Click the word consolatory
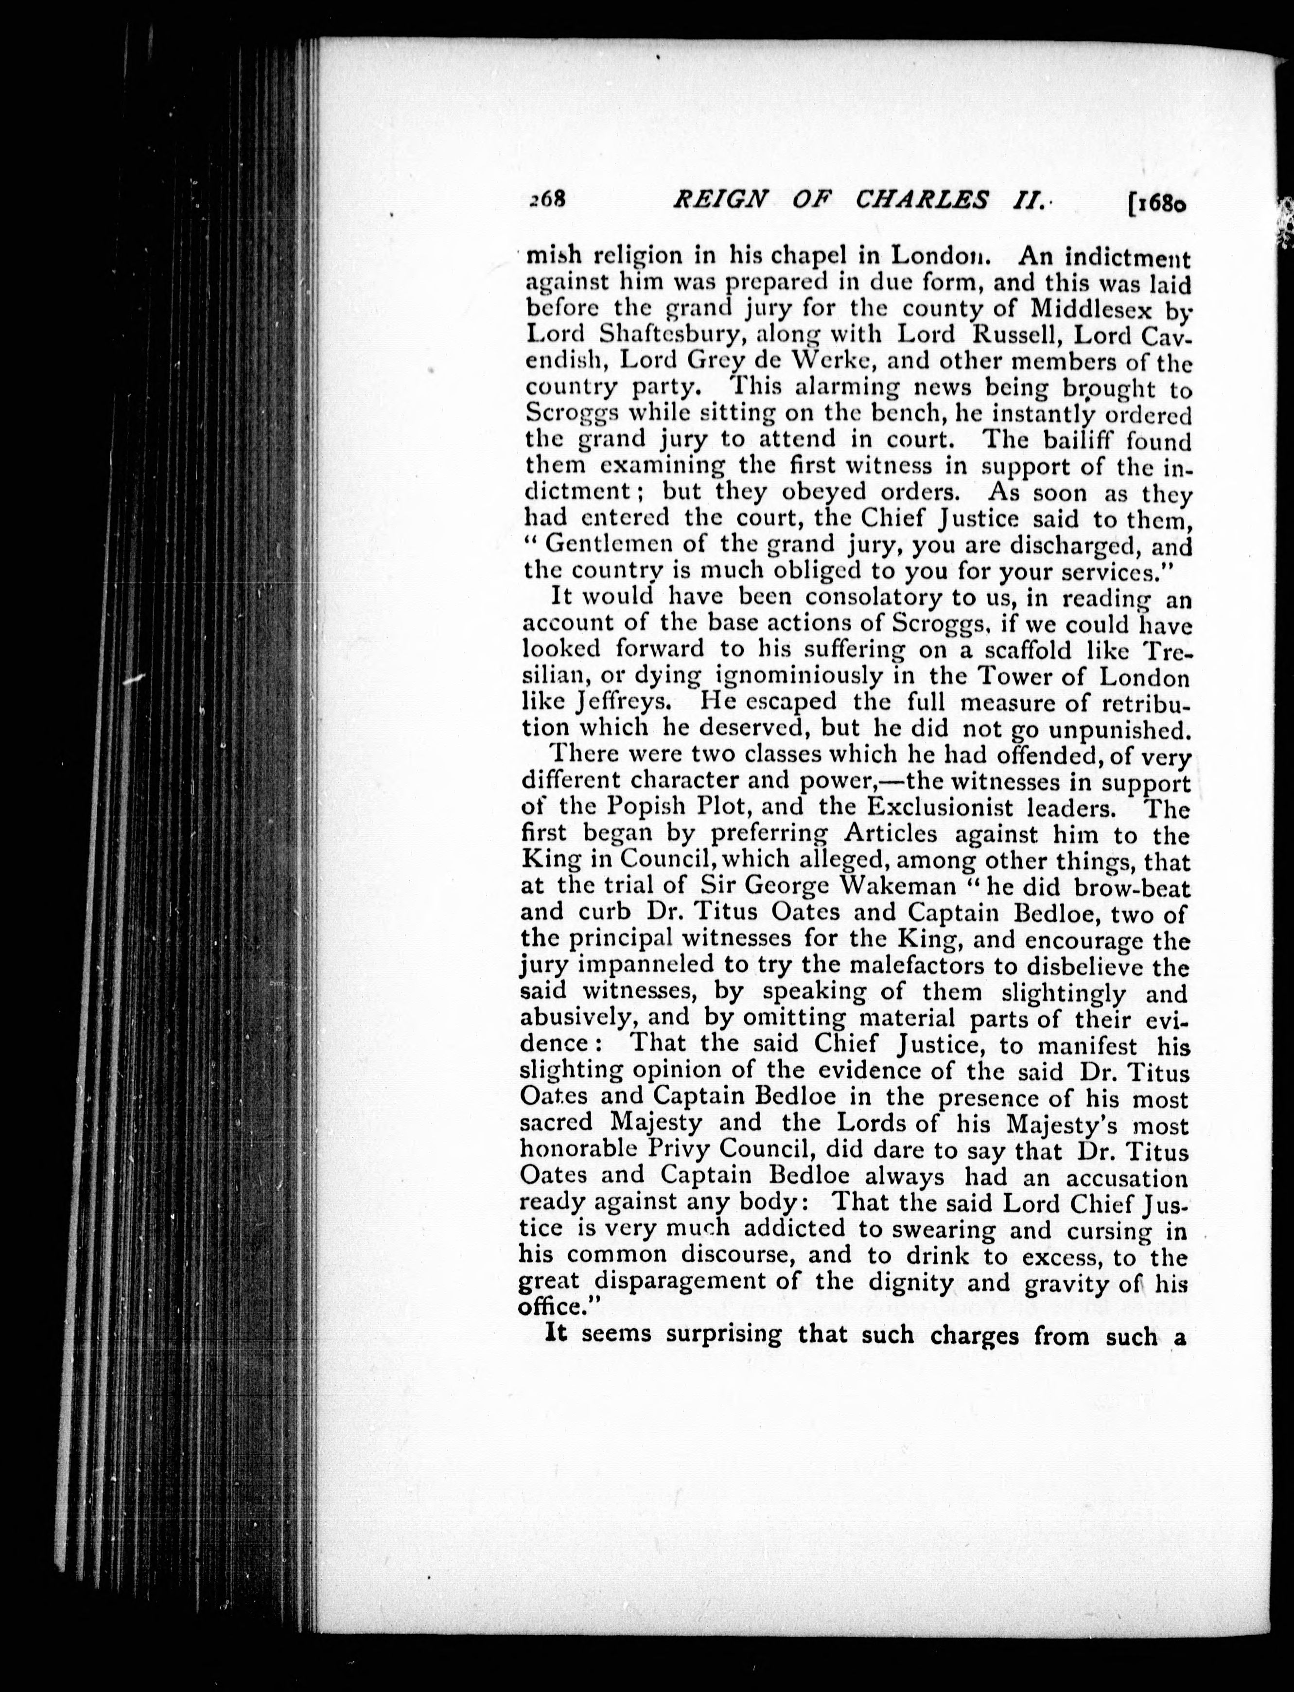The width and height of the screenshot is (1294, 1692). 852,597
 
